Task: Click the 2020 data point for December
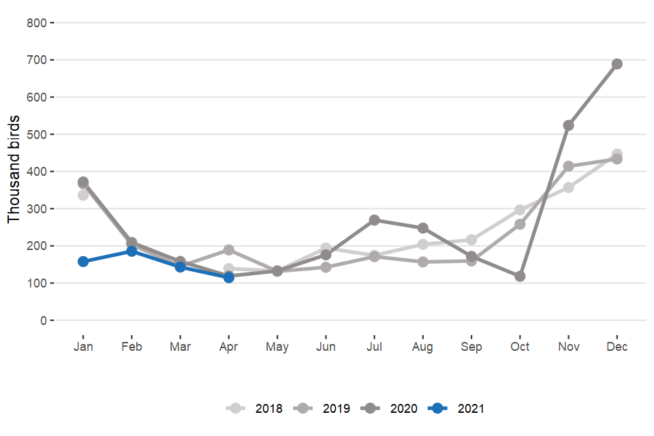click(x=617, y=64)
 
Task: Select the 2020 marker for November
click(x=569, y=125)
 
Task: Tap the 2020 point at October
click(x=520, y=277)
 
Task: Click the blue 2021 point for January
click(x=83, y=262)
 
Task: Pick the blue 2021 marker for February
click(x=131, y=251)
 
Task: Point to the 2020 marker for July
click(x=374, y=220)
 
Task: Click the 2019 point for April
click(x=229, y=250)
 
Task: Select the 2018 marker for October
click(x=520, y=210)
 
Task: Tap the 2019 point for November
click(x=569, y=166)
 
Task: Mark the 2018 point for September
click(x=471, y=240)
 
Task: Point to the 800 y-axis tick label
click(x=36, y=23)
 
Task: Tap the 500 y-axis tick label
click(x=36, y=134)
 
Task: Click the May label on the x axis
click(x=277, y=347)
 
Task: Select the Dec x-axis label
click(x=617, y=347)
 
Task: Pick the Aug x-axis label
click(x=422, y=347)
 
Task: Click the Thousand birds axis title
click(x=14, y=170)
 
